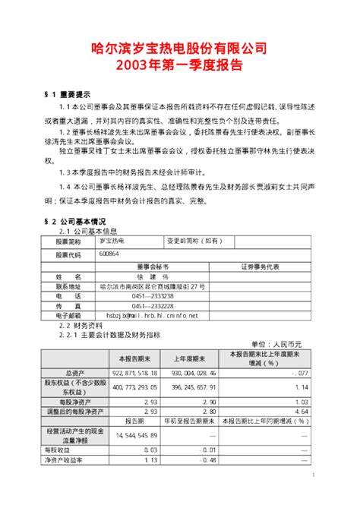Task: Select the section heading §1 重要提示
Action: coord(68,95)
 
